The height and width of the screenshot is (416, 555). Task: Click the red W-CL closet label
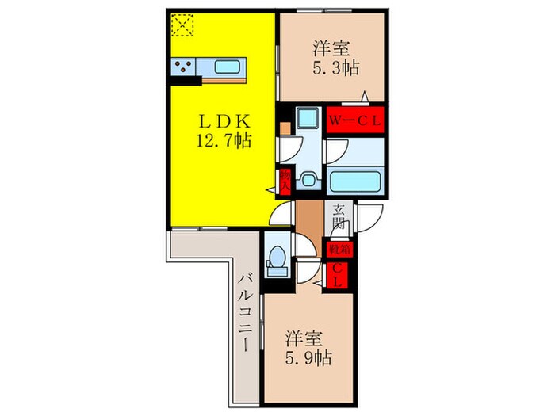click(356, 120)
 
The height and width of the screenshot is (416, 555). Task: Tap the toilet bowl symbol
click(277, 258)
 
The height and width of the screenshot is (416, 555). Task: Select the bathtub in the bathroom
click(355, 182)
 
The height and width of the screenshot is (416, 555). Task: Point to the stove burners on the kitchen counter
click(184, 67)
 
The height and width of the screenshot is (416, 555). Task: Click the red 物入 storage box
click(284, 178)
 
